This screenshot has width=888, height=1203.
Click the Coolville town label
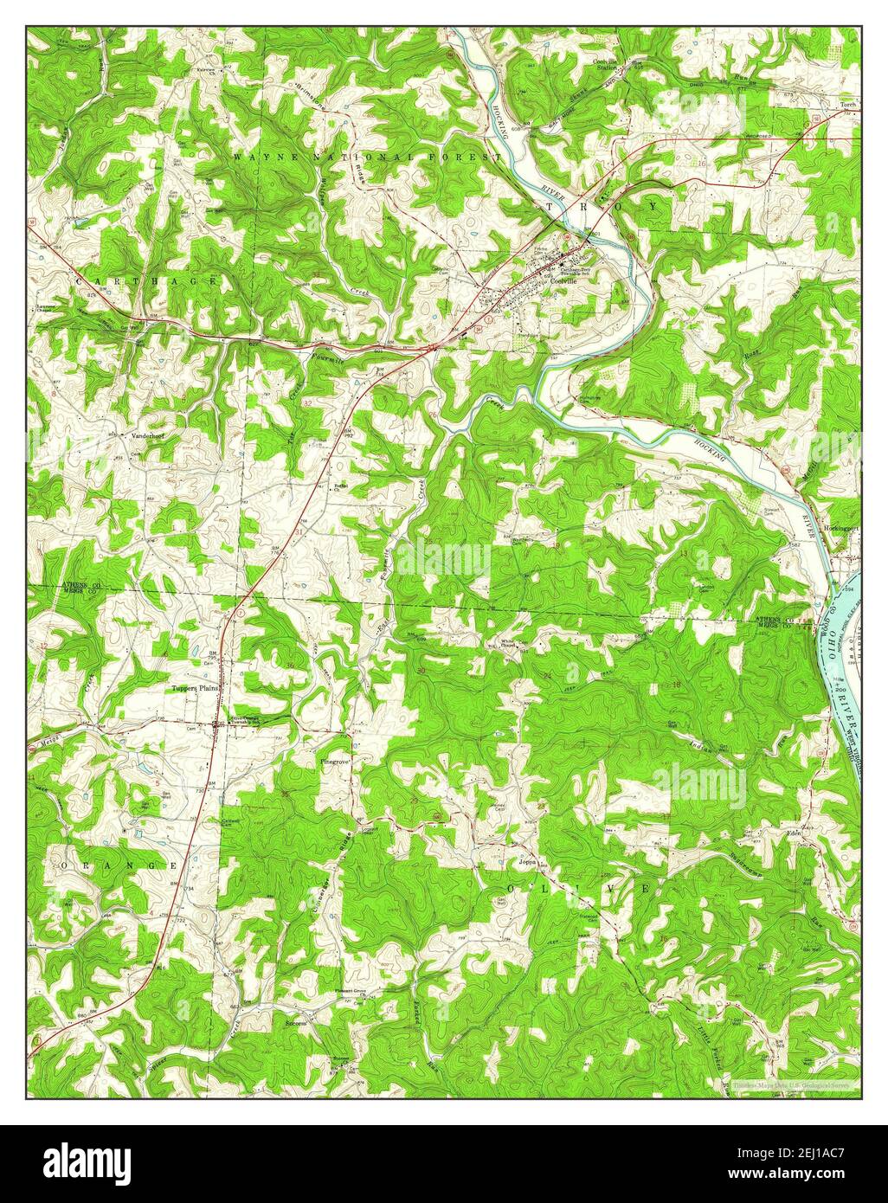[x=563, y=282]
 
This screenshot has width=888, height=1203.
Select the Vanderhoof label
[x=147, y=436]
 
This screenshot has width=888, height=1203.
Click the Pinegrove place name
[x=335, y=762]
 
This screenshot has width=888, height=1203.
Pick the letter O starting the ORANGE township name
[x=64, y=865]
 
